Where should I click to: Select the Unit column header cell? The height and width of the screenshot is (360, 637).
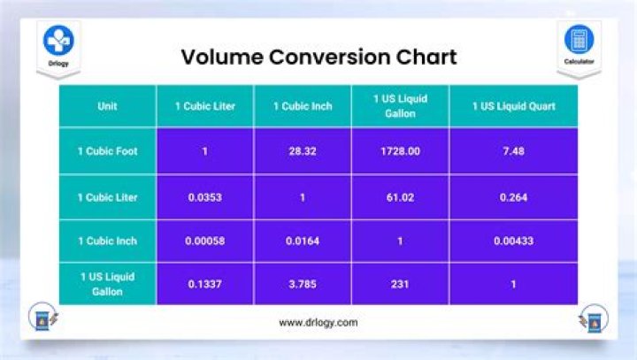tap(108, 106)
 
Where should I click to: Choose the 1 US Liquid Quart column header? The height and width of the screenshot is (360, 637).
tap(514, 106)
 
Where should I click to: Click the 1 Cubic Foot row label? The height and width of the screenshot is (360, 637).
tap(108, 150)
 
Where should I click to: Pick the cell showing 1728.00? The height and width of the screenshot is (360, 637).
tap(400, 150)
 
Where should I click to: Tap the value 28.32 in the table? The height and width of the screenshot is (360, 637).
tap(303, 150)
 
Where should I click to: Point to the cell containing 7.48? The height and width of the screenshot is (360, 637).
tap(514, 150)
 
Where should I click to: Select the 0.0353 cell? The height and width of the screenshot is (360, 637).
tap(205, 196)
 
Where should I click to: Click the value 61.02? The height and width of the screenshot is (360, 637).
tap(400, 196)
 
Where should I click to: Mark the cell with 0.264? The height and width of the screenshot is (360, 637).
tap(514, 196)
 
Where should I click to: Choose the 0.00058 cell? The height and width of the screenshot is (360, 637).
tap(205, 241)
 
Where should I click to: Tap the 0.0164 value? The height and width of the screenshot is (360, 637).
tap(303, 241)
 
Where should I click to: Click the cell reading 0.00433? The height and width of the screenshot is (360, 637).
tap(514, 241)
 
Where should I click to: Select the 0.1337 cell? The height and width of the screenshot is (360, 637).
tap(205, 285)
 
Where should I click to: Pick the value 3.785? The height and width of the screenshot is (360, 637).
tap(303, 285)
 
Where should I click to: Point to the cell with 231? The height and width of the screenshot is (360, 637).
tap(400, 285)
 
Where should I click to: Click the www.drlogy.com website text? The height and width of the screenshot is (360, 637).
tap(318, 323)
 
